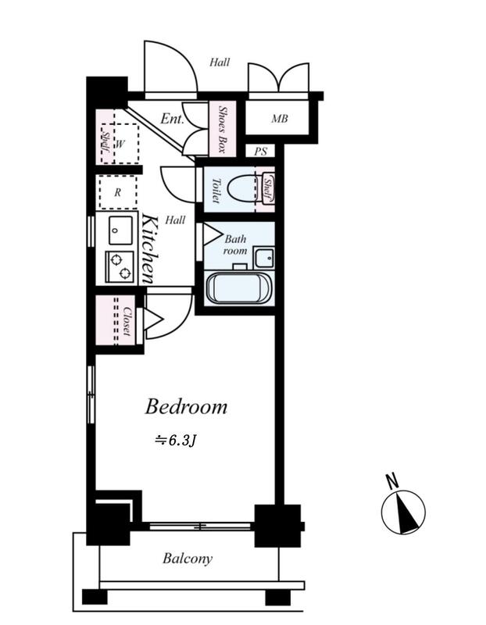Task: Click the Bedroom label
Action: pos(186,406)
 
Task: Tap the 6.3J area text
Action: pos(176,441)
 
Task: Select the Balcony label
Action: pos(188,559)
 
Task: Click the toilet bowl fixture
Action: pos(242,188)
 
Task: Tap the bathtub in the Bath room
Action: pos(239,288)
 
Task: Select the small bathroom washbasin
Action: pos(264,258)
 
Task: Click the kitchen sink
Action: pos(120,231)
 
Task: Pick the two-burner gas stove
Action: pos(120,266)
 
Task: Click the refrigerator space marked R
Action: pos(118,192)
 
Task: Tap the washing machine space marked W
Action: pos(120,144)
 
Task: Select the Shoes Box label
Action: pos(223,130)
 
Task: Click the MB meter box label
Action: pos(280,119)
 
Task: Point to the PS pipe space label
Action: pos(260,152)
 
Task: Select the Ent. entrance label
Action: pos(172,119)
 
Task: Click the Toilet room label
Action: pos(216,191)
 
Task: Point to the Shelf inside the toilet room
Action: pos(268,189)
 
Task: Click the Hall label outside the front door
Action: pos(220,62)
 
